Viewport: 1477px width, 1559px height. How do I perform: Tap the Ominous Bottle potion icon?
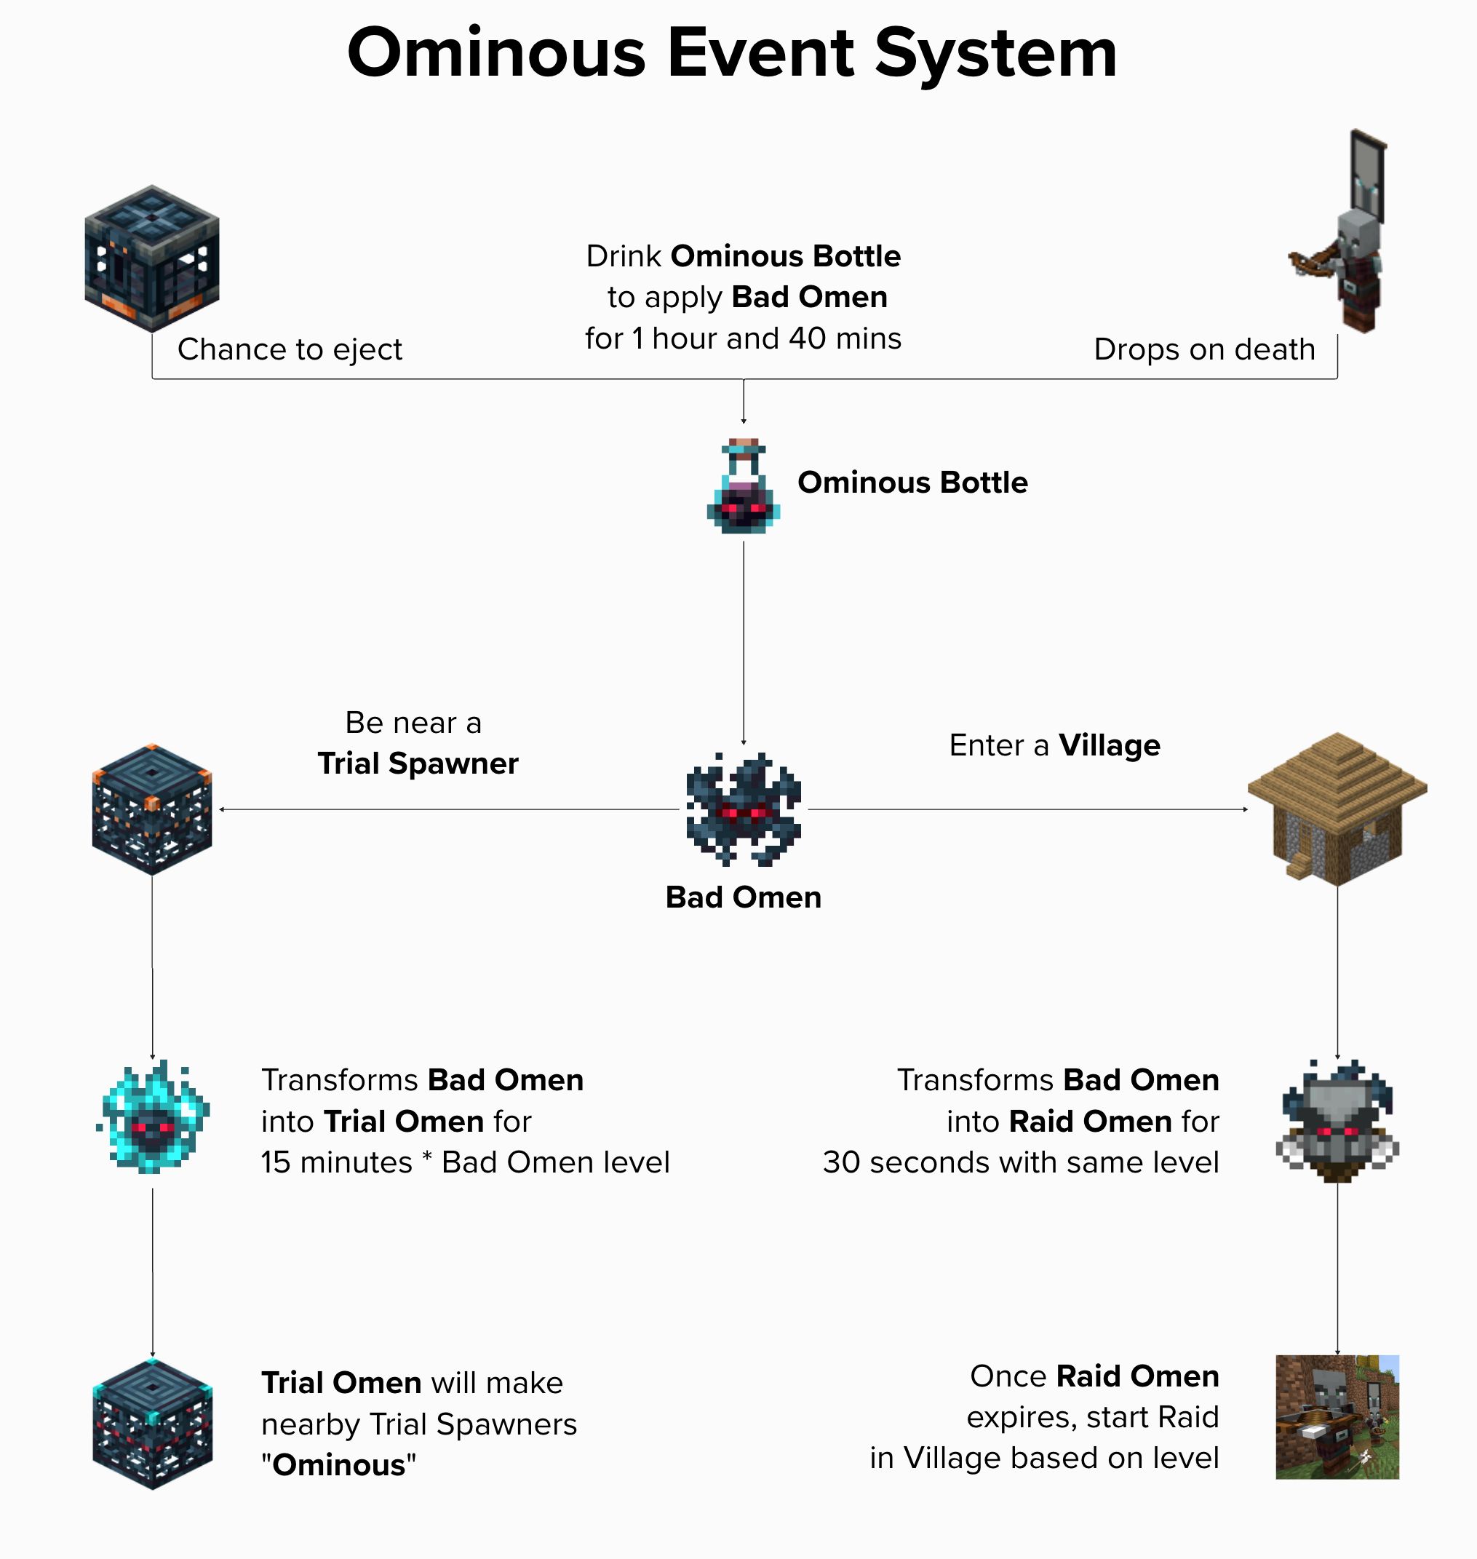click(743, 485)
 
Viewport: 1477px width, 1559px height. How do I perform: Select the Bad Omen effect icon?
click(743, 809)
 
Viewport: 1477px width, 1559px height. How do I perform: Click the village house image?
click(1337, 809)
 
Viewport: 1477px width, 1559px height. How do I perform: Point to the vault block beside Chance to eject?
click(152, 258)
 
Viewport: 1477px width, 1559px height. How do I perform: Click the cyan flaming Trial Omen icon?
click(153, 1116)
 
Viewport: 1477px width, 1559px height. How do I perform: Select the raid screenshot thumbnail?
click(1337, 1417)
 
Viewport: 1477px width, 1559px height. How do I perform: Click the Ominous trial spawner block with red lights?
click(153, 1424)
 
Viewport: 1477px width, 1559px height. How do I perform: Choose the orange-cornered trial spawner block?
click(152, 809)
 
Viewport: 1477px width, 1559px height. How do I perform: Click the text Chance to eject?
click(290, 349)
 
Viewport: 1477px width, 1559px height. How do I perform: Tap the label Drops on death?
click(1205, 349)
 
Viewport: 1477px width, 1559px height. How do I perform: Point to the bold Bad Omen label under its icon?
click(743, 897)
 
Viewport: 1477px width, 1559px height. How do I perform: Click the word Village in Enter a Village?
click(1110, 745)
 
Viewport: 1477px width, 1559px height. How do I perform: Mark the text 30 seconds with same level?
click(1021, 1162)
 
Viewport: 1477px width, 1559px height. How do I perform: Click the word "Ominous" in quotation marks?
click(338, 1464)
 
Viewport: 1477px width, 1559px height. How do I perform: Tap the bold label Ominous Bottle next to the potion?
click(912, 482)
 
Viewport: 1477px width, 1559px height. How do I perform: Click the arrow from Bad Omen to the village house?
click(1028, 809)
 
